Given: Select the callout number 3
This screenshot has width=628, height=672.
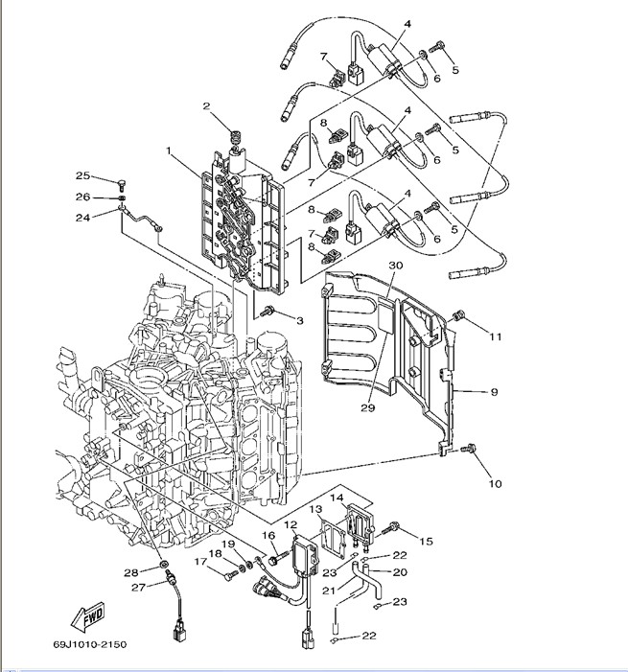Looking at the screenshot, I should [x=299, y=319].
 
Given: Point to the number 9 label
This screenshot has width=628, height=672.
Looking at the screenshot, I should [x=495, y=391].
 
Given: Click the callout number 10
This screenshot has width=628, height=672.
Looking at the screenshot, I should [x=495, y=483].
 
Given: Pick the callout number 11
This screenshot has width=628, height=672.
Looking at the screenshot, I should [x=496, y=336].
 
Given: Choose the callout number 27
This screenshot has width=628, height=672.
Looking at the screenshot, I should [x=137, y=588].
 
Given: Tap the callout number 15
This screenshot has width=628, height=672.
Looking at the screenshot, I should [x=427, y=541].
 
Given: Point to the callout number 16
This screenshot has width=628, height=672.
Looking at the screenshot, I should [x=269, y=535].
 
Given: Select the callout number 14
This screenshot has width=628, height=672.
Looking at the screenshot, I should [x=337, y=498].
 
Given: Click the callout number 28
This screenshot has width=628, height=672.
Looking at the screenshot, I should [x=129, y=572].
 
